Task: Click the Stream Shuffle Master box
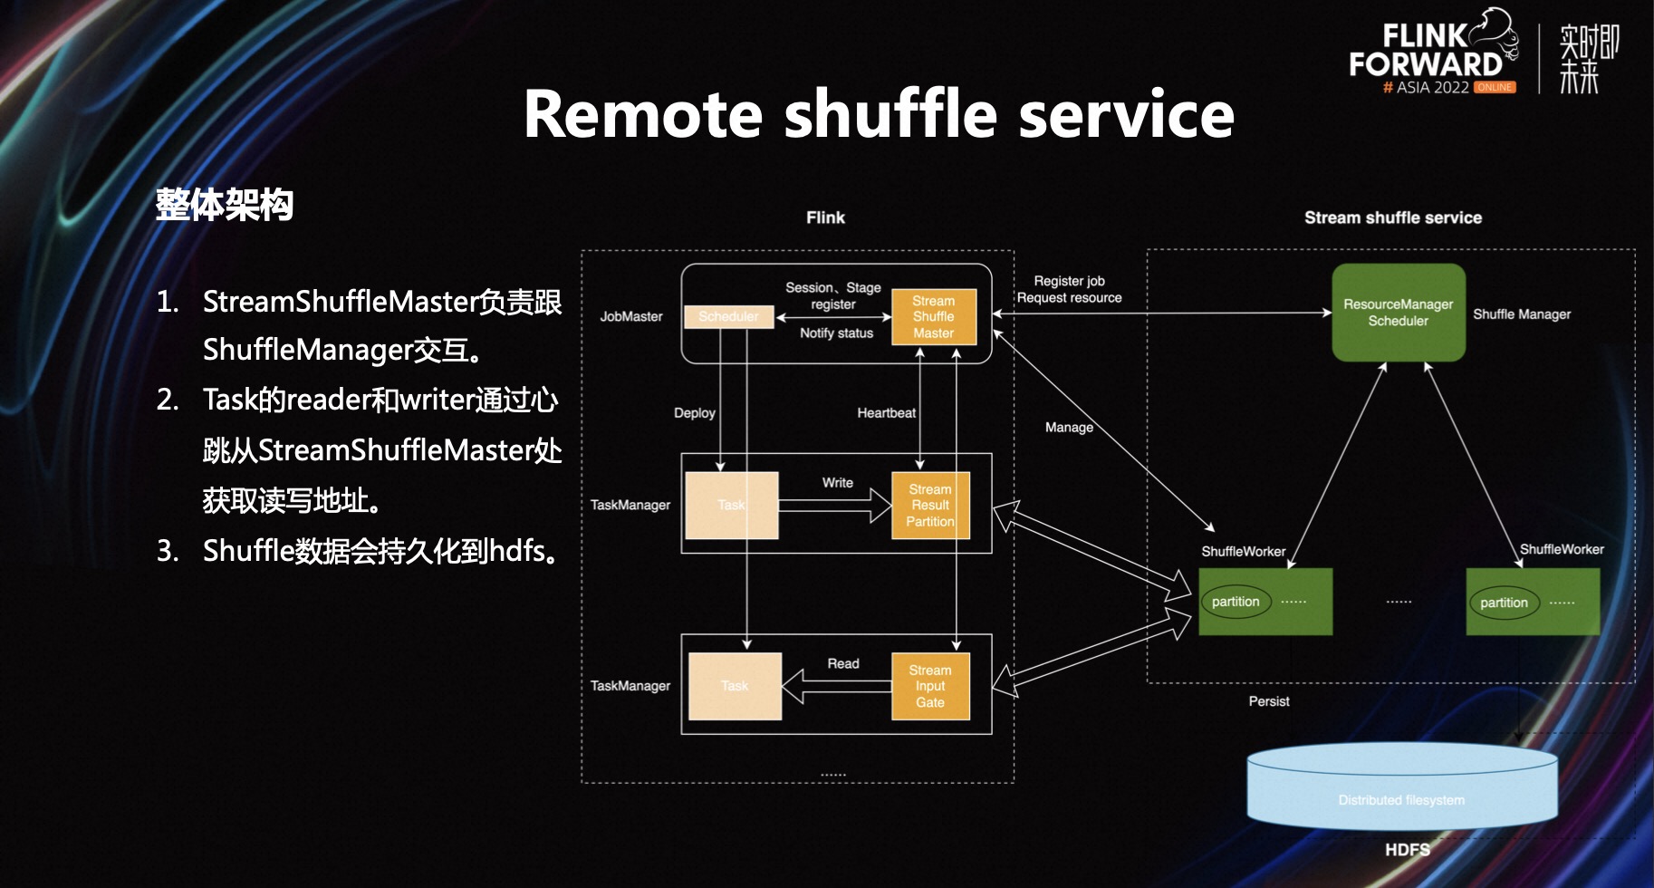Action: click(934, 317)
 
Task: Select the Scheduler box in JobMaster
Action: click(728, 316)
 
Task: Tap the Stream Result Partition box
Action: click(930, 506)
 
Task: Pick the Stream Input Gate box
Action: click(930, 687)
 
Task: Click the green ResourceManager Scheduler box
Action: click(1398, 313)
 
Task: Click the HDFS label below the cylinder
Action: click(1407, 850)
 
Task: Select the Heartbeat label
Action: click(886, 413)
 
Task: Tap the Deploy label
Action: click(694, 413)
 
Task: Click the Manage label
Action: click(1069, 428)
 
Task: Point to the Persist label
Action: click(1268, 701)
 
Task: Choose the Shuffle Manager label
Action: click(1522, 314)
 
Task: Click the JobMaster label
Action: click(630, 316)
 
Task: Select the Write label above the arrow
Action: click(837, 483)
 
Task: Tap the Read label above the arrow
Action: click(842, 664)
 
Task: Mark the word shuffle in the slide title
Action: click(891, 115)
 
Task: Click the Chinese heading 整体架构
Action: click(225, 205)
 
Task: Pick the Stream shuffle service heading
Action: click(1392, 217)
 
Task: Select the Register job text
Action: click(1069, 281)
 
